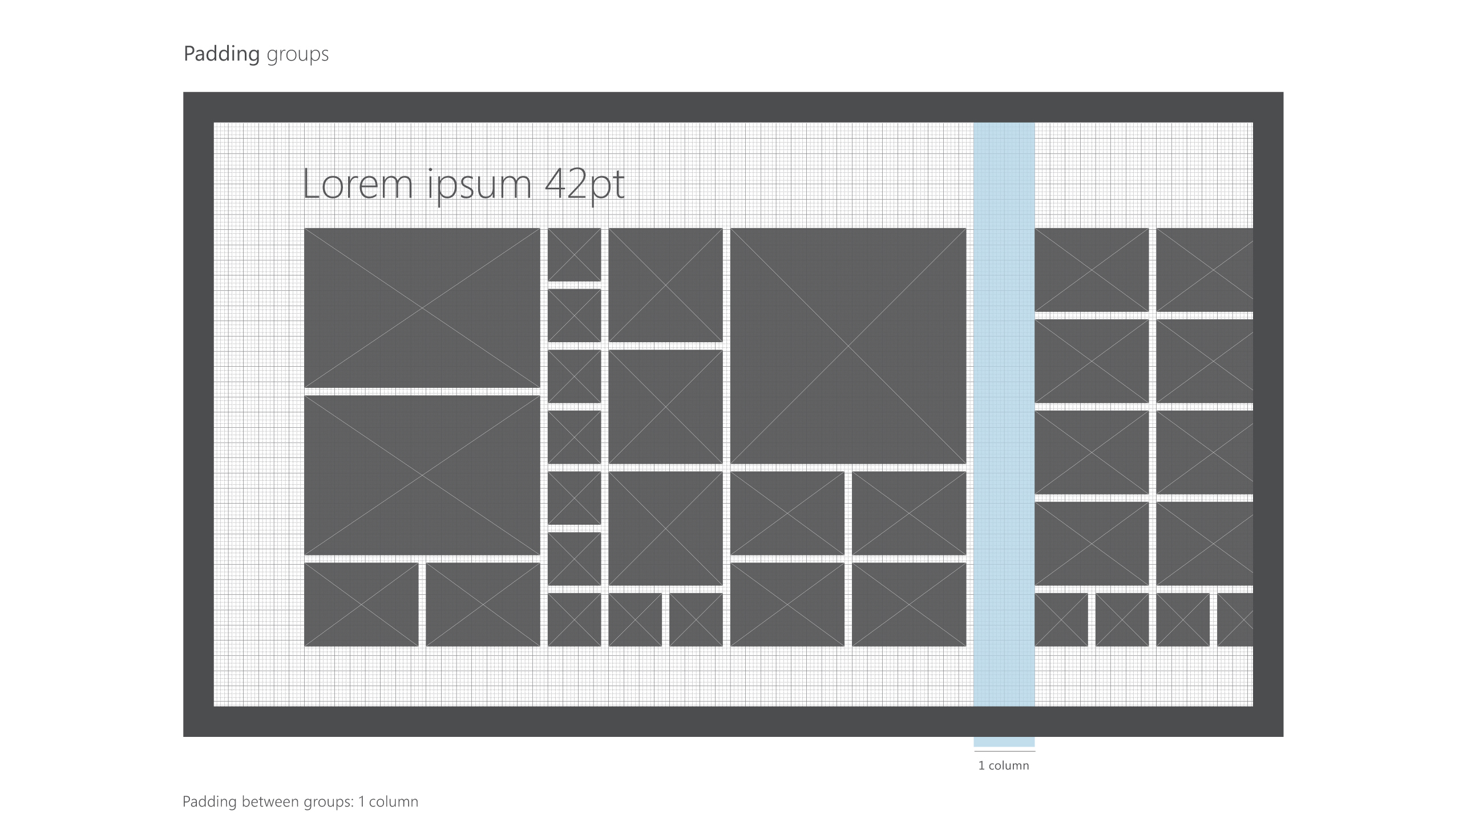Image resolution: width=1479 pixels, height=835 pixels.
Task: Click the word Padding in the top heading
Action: tap(221, 55)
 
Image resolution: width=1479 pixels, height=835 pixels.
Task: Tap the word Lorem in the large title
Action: tap(358, 184)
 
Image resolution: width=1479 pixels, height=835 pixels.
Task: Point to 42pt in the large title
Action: tap(584, 185)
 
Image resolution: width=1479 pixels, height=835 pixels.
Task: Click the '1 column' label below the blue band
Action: tap(1004, 765)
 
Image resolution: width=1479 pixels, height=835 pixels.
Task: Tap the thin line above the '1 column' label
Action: tap(1005, 751)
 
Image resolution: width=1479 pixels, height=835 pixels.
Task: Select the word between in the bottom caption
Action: tap(269, 802)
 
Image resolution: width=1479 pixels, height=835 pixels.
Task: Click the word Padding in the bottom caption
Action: tap(209, 802)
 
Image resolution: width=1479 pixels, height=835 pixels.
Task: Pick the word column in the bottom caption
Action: tap(393, 802)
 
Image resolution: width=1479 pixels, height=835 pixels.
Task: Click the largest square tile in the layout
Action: tap(848, 346)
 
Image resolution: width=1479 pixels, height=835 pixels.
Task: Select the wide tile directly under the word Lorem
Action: tap(422, 308)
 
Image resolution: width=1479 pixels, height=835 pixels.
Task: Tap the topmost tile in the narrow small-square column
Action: tap(574, 255)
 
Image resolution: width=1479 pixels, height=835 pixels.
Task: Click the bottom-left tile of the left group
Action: tap(361, 605)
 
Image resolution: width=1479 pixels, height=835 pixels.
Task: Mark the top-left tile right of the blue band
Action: tap(1092, 270)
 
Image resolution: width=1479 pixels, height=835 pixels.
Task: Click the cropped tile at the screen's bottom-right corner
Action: tap(1235, 620)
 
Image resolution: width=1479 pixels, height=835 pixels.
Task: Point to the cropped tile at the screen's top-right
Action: tap(1205, 270)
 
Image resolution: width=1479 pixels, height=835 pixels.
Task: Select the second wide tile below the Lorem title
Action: tap(422, 475)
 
